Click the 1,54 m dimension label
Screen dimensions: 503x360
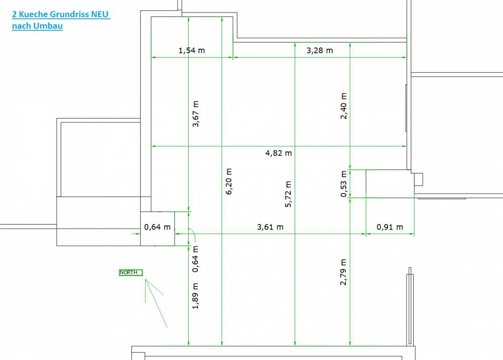(x=192, y=51)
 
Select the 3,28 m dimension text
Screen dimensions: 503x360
(x=319, y=51)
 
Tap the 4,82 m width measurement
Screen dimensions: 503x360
(x=278, y=153)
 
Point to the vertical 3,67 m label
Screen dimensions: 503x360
(x=196, y=114)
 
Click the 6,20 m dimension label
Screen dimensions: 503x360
(x=228, y=181)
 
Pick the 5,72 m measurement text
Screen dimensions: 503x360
(x=288, y=194)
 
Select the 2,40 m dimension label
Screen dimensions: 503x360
(x=344, y=106)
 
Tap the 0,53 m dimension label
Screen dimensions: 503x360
(x=344, y=184)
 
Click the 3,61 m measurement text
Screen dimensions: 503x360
(x=270, y=227)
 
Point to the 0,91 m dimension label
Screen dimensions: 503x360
(x=390, y=227)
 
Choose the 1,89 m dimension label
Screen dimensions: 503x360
(x=195, y=296)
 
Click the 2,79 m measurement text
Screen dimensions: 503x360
(x=343, y=272)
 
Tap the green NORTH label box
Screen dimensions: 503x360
(x=131, y=273)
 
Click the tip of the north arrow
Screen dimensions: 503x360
(x=145, y=279)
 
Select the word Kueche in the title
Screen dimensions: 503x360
(x=33, y=14)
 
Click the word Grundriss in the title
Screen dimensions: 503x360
(x=70, y=15)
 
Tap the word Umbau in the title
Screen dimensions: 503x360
(x=48, y=26)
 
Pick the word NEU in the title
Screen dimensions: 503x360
(x=100, y=14)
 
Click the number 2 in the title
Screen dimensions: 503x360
(x=14, y=14)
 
